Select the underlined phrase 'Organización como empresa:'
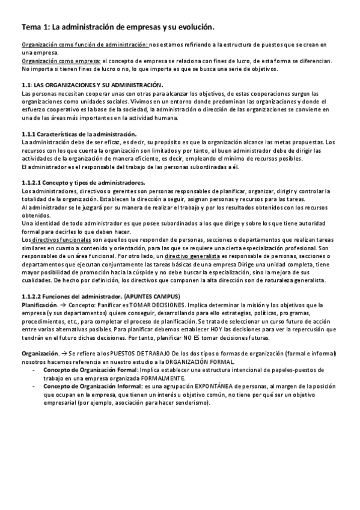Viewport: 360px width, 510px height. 61,61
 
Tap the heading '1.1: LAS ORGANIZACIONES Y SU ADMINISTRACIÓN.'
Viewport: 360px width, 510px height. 91,84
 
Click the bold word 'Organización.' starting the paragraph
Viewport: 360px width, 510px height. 40,354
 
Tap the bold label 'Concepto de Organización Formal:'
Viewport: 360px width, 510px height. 90,370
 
